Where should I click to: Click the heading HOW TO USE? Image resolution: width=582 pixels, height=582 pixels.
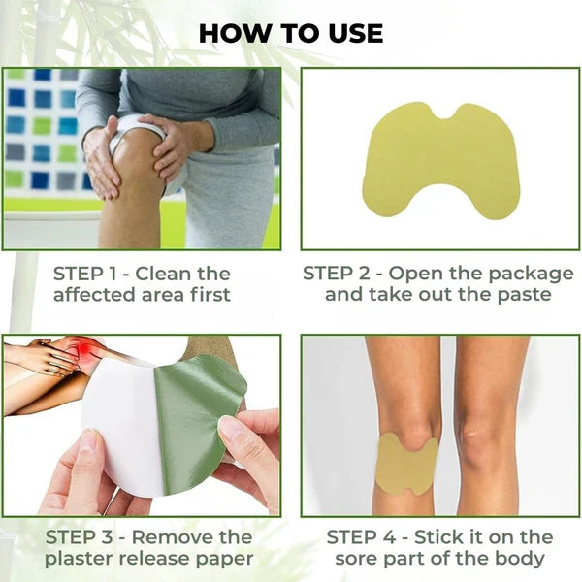click(291, 32)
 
